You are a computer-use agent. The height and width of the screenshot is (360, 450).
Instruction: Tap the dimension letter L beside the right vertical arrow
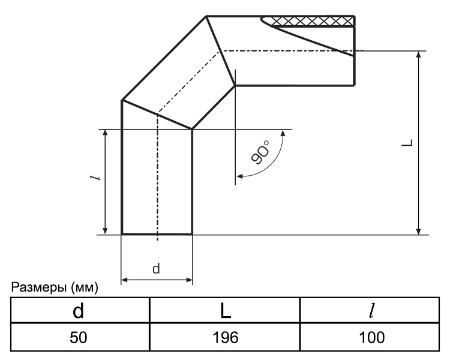(x=407, y=143)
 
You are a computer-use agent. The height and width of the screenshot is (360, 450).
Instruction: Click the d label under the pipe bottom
(x=156, y=269)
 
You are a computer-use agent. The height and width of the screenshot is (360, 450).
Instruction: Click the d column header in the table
(x=77, y=311)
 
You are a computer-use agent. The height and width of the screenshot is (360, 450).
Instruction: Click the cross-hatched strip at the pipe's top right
(x=312, y=22)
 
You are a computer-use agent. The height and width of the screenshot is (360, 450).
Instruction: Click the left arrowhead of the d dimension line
(x=125, y=280)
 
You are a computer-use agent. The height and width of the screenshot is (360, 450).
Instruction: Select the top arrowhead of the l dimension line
(x=105, y=133)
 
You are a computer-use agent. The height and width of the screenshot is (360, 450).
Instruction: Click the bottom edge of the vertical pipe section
(x=157, y=233)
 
